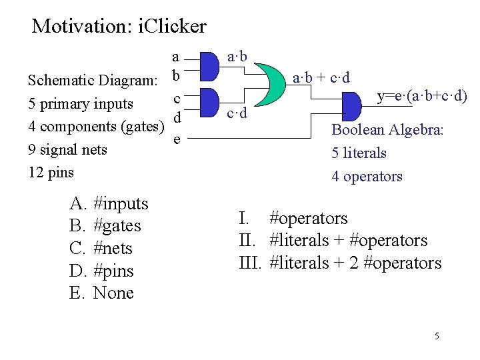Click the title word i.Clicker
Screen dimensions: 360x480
[173, 27]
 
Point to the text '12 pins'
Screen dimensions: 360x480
[51, 172]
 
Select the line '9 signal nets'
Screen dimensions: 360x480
[67, 149]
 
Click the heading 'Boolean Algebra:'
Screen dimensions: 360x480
[387, 130]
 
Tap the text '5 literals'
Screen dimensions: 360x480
[359, 153]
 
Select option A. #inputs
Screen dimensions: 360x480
[109, 203]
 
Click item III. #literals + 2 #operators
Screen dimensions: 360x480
[340, 263]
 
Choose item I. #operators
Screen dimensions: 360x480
[293, 218]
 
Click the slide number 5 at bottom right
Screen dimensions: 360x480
[437, 336]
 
